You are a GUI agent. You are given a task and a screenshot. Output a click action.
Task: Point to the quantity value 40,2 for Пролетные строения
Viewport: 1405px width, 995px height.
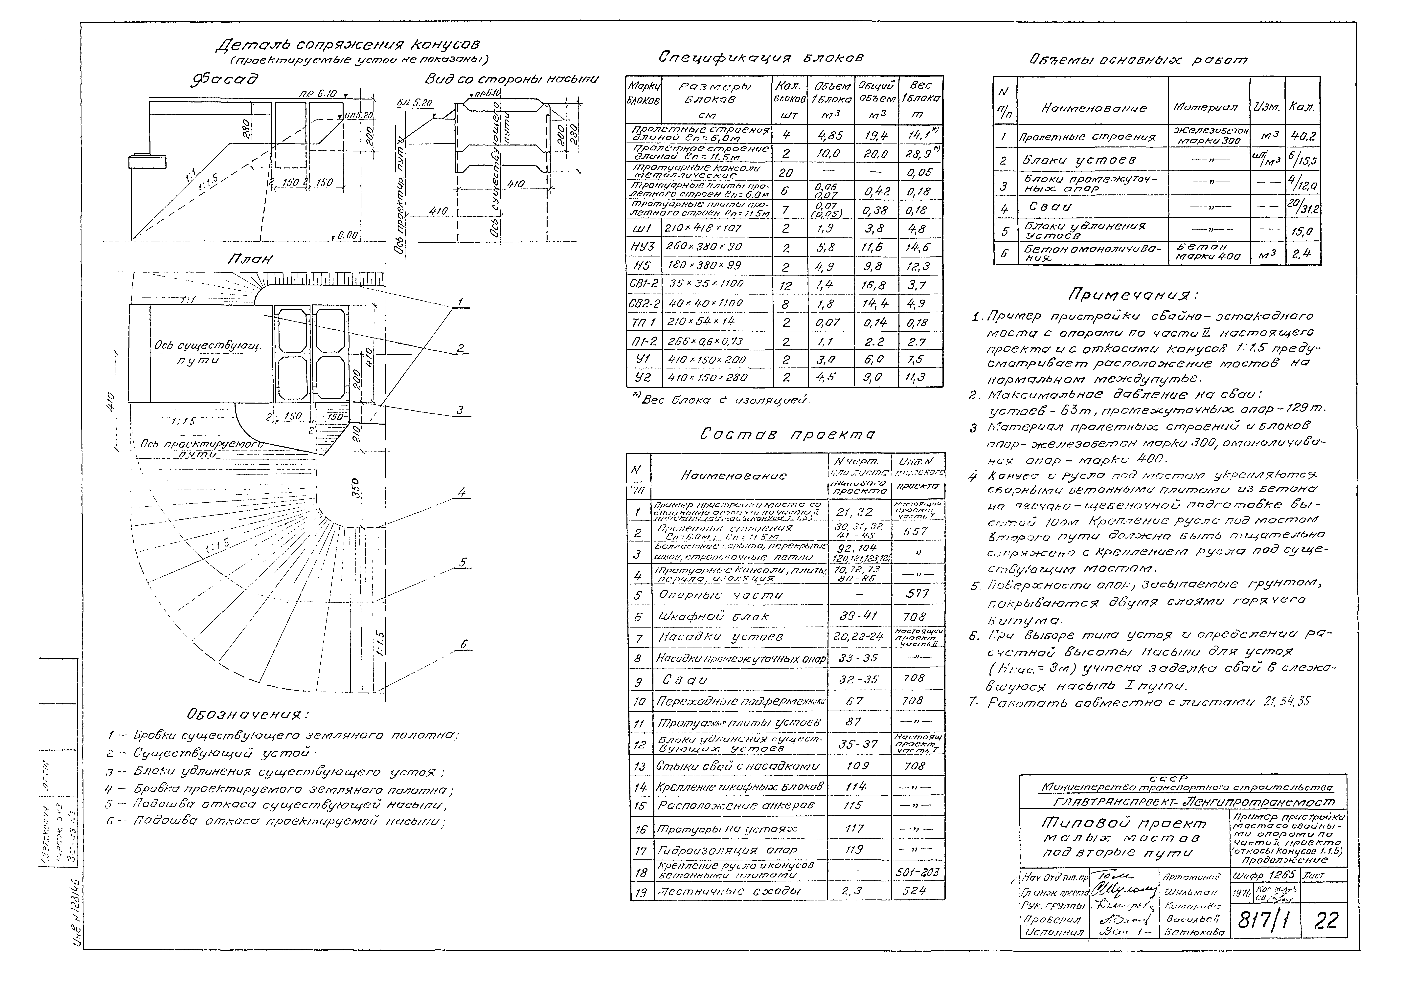coord(1302,137)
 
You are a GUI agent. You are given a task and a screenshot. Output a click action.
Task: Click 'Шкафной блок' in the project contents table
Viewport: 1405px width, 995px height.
coord(713,616)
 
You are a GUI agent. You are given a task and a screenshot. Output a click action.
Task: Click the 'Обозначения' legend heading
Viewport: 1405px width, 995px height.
coord(247,714)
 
